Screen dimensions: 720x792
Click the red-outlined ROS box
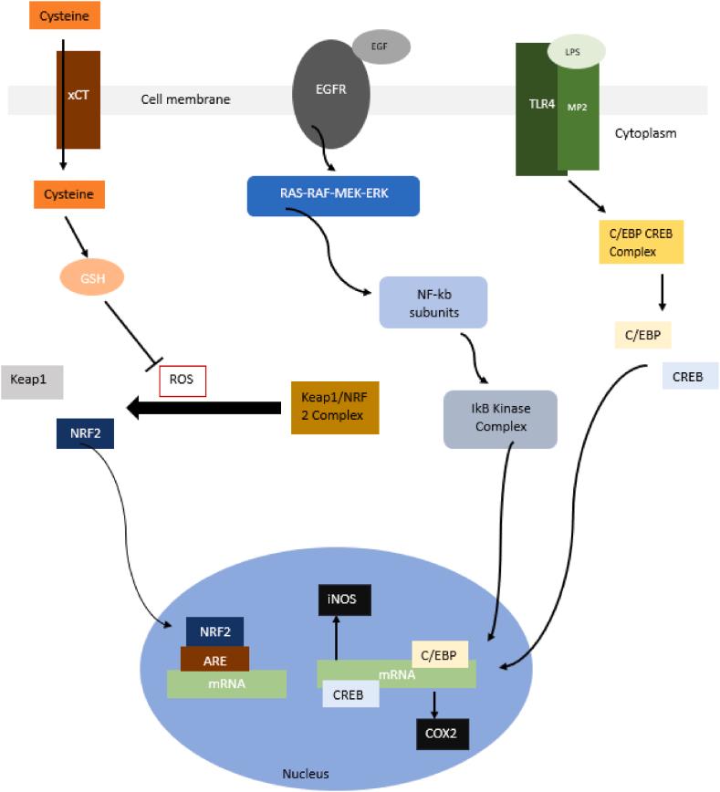click(x=183, y=380)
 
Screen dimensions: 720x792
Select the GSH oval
click(x=92, y=277)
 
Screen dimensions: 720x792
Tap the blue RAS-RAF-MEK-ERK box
click(x=333, y=196)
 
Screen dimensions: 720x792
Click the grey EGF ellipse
click(x=381, y=47)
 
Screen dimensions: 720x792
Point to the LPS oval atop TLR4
click(x=576, y=51)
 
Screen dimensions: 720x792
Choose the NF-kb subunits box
click(x=433, y=303)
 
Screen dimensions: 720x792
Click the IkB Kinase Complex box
click(x=500, y=419)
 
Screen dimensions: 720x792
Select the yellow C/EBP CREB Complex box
click(x=642, y=242)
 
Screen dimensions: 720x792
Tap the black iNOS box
click(x=345, y=600)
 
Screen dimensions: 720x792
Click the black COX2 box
click(x=443, y=734)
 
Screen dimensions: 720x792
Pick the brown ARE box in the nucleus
click(x=214, y=660)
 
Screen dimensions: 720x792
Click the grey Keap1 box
click(x=32, y=381)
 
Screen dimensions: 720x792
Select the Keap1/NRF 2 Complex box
click(x=335, y=408)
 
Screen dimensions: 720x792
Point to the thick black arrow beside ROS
click(x=203, y=408)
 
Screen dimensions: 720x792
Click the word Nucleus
click(x=305, y=774)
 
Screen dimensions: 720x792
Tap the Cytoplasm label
click(x=645, y=133)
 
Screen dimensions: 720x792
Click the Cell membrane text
click(x=185, y=99)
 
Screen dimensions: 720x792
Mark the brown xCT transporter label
click(x=78, y=95)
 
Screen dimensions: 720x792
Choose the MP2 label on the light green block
click(x=577, y=107)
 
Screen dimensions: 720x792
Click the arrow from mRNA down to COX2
click(x=434, y=703)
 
